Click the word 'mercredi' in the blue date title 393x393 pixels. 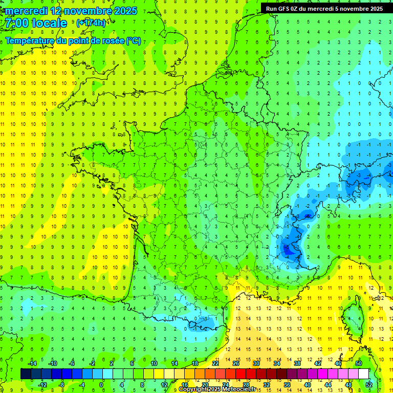(26, 11)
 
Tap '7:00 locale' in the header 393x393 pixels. (36, 23)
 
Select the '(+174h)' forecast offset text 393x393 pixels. (91, 23)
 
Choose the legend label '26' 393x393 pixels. (236, 363)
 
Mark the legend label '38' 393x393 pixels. (297, 363)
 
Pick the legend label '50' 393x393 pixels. (359, 363)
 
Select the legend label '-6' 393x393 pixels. (72, 363)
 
